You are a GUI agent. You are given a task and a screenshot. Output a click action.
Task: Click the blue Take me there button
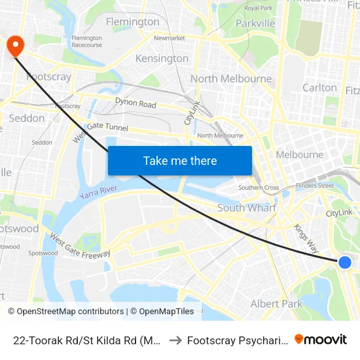pos(180,160)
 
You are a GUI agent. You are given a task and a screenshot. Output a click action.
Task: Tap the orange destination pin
pos(14,45)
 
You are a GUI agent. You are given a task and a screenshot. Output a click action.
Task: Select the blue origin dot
pos(345,262)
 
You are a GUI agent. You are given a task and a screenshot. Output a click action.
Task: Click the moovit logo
pos(321,340)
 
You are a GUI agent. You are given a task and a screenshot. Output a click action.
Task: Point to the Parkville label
pos(255,24)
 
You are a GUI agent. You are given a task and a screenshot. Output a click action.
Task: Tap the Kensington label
pos(162,59)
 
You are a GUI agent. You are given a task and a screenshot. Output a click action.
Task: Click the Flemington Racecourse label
pos(87,41)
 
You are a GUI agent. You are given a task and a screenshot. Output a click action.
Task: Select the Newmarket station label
pos(170,38)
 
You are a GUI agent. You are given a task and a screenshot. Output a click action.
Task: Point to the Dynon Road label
pos(135,103)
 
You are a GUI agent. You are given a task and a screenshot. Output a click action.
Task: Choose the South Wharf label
pos(247,208)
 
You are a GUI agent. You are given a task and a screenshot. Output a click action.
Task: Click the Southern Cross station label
pos(259,188)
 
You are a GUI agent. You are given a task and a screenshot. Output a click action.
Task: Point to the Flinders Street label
pos(314,185)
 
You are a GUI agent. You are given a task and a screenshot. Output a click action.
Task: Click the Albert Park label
pos(277,304)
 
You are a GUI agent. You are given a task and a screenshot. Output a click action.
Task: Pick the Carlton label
pos(320,88)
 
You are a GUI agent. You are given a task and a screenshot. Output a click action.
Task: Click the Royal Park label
pos(258,8)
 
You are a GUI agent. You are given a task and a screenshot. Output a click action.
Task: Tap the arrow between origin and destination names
pos(175,340)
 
